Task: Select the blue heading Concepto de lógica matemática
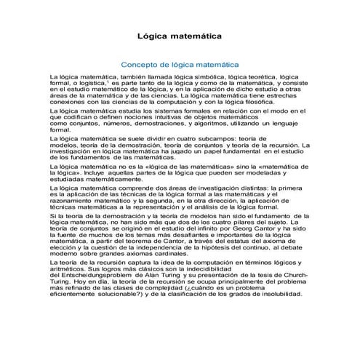point(180,63)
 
